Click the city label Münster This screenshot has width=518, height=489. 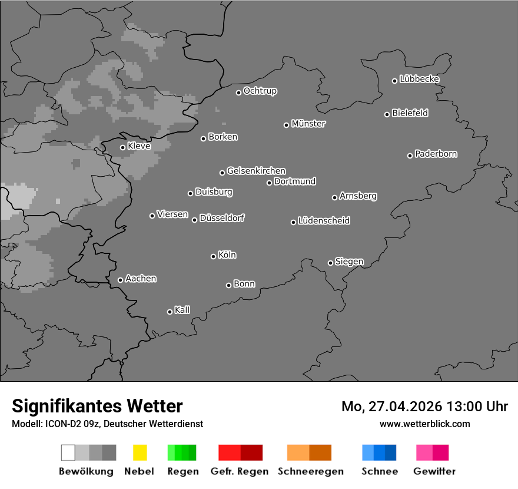[308, 124]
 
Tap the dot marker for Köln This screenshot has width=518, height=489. [213, 256]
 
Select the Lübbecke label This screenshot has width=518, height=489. [419, 79]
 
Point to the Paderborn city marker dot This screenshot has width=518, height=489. [410, 156]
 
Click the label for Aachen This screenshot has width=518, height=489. [141, 279]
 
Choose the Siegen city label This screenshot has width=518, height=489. [349, 262]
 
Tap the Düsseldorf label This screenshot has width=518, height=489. [222, 218]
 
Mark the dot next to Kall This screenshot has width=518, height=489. [170, 312]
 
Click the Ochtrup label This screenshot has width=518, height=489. [260, 91]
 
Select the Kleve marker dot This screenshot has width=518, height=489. [122, 147]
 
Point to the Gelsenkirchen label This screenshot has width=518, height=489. [256, 171]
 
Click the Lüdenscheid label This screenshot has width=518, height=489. [324, 221]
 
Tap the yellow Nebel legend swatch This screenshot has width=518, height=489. [140, 452]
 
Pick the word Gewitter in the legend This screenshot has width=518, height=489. [434, 471]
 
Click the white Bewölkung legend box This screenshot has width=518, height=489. [68, 452]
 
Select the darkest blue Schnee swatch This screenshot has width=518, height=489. [391, 452]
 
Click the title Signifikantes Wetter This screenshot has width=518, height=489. [97, 406]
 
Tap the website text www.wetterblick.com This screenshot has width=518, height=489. [424, 424]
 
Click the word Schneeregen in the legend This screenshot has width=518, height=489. [311, 471]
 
